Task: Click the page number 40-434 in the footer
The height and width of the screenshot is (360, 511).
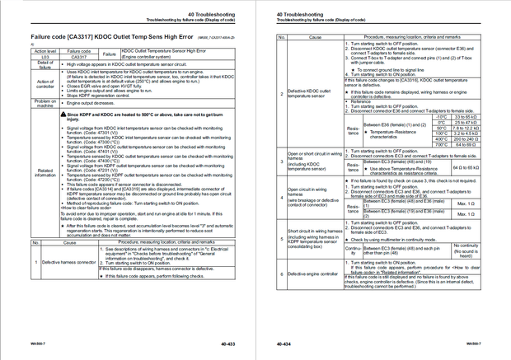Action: point(284,342)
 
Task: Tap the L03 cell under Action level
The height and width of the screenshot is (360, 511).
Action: point(45,56)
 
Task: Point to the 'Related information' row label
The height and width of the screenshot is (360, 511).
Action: point(45,172)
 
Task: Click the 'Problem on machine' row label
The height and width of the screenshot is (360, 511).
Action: point(45,102)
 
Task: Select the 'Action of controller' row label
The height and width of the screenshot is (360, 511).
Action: point(45,83)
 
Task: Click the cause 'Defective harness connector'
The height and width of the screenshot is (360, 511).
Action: point(69,261)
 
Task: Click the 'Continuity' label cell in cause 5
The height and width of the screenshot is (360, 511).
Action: point(352,250)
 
